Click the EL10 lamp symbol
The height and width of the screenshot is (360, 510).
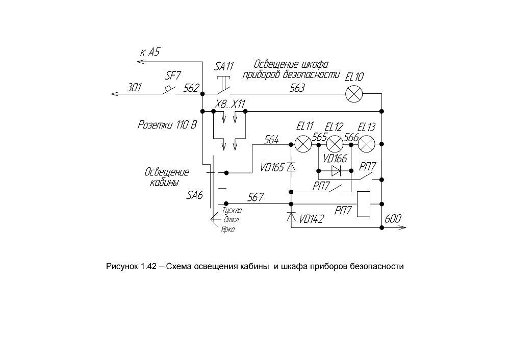point(353,94)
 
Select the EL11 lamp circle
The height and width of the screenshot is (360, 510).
point(303,144)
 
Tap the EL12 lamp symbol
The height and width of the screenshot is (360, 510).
point(335,144)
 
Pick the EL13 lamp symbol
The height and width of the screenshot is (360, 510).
point(367,144)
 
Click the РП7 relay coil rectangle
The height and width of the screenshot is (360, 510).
point(364,204)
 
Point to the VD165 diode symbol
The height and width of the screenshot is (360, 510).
point(291,167)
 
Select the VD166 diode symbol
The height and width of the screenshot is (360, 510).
point(336,171)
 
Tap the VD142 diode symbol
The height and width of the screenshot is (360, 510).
point(291,217)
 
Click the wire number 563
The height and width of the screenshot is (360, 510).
point(297,88)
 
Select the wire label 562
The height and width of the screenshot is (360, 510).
point(191,88)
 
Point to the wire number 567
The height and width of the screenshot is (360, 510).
point(256,197)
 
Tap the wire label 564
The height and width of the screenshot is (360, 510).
point(271,140)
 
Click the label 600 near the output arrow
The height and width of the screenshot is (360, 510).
point(393,219)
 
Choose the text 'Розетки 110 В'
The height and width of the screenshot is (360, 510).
point(167,124)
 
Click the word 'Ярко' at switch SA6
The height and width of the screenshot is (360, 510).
point(227,229)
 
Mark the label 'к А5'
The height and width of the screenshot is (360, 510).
point(150,52)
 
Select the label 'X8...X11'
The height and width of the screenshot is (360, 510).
point(230,104)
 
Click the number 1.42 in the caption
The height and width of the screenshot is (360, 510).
point(148,266)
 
